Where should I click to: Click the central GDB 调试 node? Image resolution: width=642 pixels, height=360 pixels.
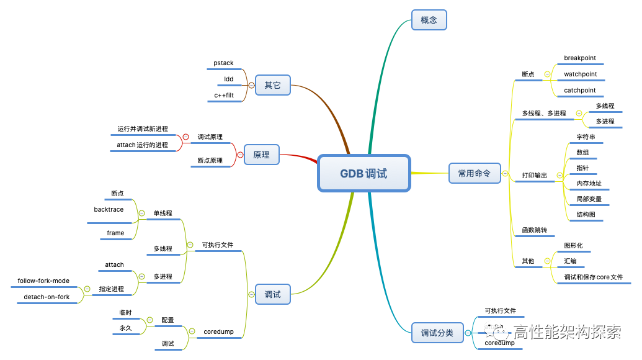tap(363, 173)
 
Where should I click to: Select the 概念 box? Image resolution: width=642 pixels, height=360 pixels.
tap(429, 20)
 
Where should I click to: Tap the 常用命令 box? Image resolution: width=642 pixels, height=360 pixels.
tap(474, 174)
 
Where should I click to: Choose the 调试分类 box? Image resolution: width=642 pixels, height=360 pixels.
tap(437, 333)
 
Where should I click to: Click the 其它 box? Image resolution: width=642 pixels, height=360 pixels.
tap(272, 85)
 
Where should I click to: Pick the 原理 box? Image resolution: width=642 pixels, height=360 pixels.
tap(261, 155)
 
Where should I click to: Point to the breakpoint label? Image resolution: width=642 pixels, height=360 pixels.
tap(580, 58)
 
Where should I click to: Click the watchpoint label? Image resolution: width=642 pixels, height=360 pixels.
tap(580, 74)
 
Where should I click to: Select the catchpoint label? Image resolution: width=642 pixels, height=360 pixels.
tap(579, 91)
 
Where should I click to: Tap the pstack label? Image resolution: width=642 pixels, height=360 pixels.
tap(223, 63)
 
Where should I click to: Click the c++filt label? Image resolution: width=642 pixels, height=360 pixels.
tap(223, 95)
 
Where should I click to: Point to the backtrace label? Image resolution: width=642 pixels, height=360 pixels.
tap(109, 210)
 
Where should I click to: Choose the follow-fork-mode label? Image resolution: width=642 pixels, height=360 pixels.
tap(43, 281)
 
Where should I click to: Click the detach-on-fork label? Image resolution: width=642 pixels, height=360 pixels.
tap(47, 297)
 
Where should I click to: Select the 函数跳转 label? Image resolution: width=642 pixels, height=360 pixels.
tap(534, 230)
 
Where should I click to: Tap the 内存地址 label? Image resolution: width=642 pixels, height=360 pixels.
tap(589, 184)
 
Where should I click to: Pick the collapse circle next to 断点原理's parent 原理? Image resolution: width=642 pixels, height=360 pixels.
tap(241, 155)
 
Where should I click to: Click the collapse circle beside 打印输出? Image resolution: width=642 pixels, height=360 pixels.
tap(558, 176)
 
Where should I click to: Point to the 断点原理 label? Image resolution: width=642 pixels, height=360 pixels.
tap(210, 161)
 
